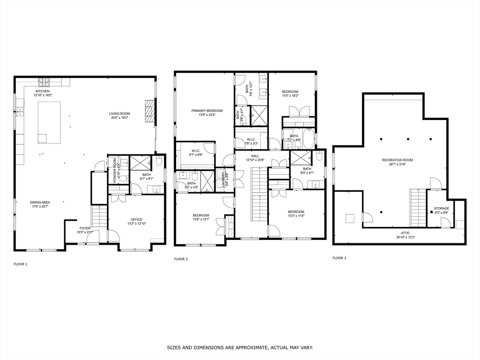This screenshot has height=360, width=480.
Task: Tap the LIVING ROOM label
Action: [120, 113]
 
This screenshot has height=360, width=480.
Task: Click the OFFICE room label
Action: [136, 219]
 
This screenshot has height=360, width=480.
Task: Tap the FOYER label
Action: [85, 228]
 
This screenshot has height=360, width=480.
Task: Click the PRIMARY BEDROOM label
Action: [207, 111]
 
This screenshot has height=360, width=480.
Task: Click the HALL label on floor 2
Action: [255, 156]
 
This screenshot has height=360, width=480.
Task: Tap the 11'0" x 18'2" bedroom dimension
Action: [290, 96]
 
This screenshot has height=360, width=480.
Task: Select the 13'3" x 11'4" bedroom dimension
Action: [296, 216]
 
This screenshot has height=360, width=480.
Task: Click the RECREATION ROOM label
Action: [396, 160]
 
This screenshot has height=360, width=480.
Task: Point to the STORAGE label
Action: [441, 208]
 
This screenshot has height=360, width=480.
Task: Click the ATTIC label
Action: [405, 232]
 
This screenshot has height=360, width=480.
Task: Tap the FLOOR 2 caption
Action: [180, 259]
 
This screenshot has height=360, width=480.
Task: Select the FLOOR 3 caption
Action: [339, 258]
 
